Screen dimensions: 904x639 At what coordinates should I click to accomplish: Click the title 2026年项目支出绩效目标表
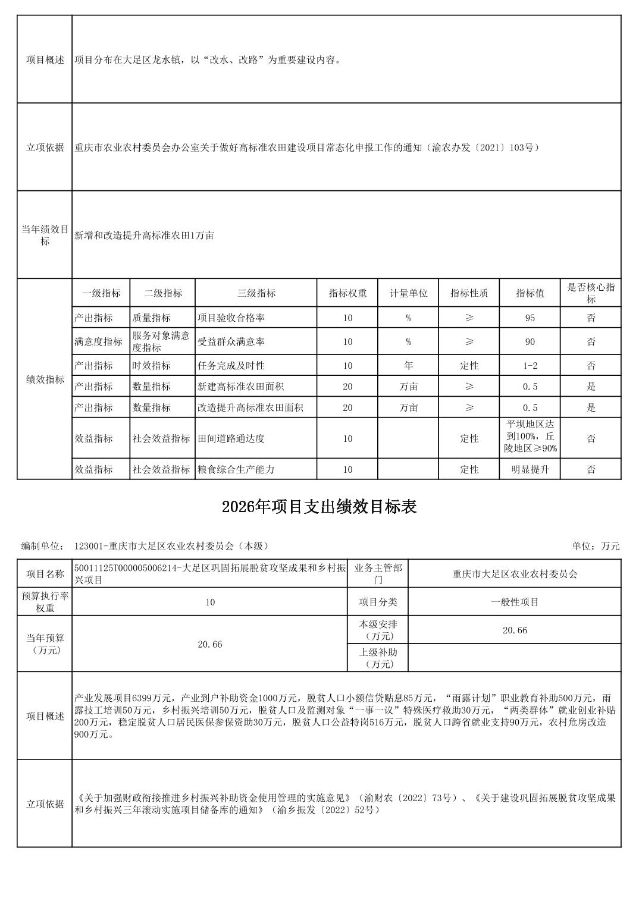[x=319, y=507]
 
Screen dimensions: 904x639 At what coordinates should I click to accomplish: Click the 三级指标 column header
[x=256, y=293]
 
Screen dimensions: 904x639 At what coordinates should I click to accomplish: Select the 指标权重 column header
[x=347, y=293]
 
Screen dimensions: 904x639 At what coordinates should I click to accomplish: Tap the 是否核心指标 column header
[x=590, y=293]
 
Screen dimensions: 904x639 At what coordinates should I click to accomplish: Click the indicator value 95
[x=530, y=318]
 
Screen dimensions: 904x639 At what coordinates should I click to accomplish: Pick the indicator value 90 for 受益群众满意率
[x=530, y=342]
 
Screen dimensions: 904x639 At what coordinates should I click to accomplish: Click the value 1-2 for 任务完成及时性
[x=530, y=366]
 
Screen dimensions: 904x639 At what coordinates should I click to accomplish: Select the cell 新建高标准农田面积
[x=240, y=387]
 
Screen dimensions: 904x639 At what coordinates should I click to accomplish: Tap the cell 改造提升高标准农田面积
[x=250, y=408]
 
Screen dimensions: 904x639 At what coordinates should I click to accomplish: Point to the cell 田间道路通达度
[x=231, y=439]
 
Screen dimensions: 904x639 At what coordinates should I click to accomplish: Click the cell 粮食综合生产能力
[x=236, y=469]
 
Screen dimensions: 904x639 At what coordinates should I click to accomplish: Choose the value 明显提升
[x=530, y=469]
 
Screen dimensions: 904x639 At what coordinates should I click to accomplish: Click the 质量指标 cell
[x=151, y=318]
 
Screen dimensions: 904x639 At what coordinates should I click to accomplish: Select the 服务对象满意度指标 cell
[x=161, y=342]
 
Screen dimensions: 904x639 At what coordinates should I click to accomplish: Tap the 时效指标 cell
[x=151, y=366]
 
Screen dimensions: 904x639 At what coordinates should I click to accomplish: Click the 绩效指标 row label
[x=45, y=379]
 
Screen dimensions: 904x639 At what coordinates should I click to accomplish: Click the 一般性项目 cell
[x=515, y=602]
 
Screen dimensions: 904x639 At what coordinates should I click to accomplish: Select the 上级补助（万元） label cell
[x=378, y=658]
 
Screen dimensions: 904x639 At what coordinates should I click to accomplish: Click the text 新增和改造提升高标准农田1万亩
[x=144, y=236]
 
